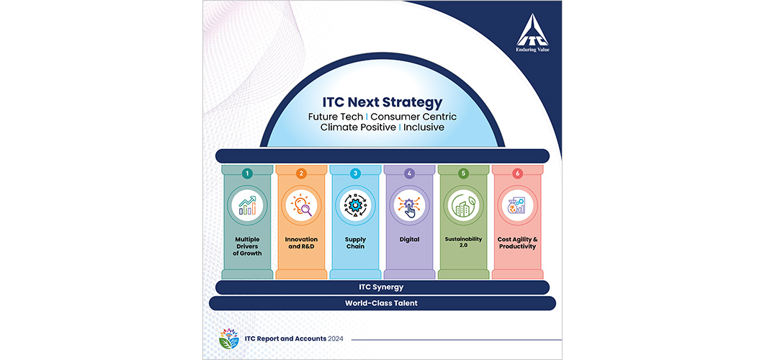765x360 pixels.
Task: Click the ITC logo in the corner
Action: (x=532, y=36)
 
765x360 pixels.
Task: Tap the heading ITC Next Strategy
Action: (x=382, y=103)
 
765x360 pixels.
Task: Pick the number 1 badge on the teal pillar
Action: (x=247, y=174)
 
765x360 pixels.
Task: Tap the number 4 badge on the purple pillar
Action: (x=409, y=174)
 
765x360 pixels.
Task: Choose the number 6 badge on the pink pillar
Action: (x=516, y=174)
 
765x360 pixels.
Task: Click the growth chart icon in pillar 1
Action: (x=247, y=205)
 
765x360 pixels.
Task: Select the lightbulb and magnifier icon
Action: (x=302, y=205)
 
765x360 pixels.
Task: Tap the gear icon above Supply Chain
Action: (x=355, y=205)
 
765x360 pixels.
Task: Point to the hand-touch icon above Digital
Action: (x=409, y=206)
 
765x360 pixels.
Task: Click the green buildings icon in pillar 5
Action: (x=463, y=205)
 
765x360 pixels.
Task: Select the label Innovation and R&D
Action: (x=301, y=243)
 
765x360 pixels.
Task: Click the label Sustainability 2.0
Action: (x=463, y=243)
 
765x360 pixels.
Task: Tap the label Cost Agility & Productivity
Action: (x=516, y=243)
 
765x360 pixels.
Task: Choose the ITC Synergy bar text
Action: (x=382, y=287)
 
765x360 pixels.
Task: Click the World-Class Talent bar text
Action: (x=382, y=303)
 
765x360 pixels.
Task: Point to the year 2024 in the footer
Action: (x=335, y=338)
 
